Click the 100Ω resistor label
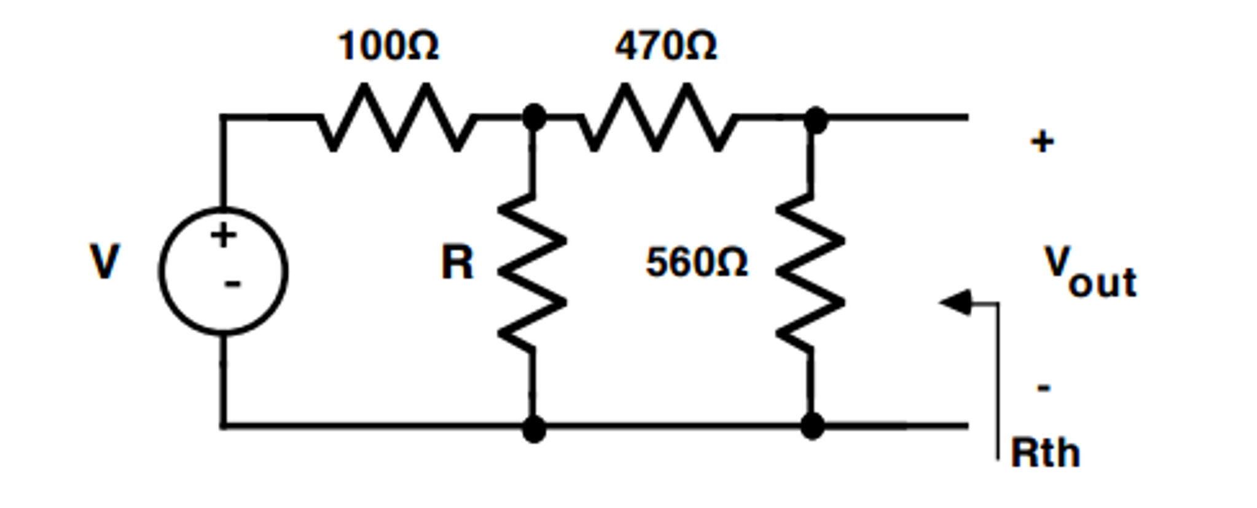pos(388,46)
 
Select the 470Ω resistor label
pos(665,46)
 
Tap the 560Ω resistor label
pos(696,262)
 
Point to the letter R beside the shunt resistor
pos(457,263)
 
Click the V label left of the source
pos(104,261)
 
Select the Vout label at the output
pos(1089,272)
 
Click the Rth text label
pos(1045,453)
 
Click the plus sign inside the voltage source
pos(223,235)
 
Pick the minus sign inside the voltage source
pos(232,284)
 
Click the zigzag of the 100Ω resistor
pos(396,117)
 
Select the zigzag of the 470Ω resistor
pos(657,117)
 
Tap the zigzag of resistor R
pos(532,272)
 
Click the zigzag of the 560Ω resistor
pos(810,272)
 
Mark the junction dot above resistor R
pos(533,117)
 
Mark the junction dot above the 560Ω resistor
pos(815,119)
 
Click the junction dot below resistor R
pos(533,428)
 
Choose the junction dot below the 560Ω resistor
pos(812,426)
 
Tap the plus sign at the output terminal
pos(1042,142)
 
